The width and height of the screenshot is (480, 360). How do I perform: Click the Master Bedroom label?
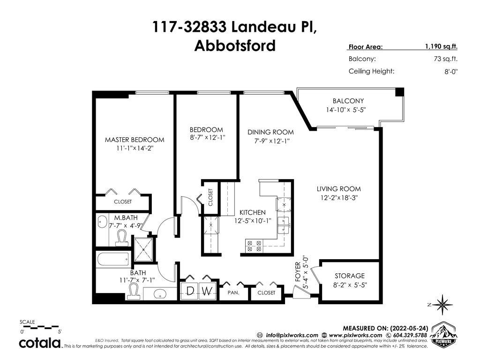point(135,140)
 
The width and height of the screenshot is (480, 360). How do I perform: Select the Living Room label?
point(338,189)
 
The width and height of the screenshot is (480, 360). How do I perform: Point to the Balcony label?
point(348,101)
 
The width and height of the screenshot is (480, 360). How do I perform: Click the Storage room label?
point(350,276)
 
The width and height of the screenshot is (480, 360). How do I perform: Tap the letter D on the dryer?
point(190,291)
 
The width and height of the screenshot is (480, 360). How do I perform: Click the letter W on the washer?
point(207,291)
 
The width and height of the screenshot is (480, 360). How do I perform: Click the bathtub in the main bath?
point(113,260)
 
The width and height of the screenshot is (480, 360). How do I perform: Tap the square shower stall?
point(143,250)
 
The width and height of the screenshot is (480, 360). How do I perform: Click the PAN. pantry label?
point(233,292)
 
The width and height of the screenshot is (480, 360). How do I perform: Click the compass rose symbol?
point(442,304)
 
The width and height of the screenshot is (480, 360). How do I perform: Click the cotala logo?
point(40,343)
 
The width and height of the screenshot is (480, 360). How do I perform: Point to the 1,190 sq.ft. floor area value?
point(441,46)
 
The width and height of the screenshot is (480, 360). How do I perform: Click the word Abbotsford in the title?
point(235,46)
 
